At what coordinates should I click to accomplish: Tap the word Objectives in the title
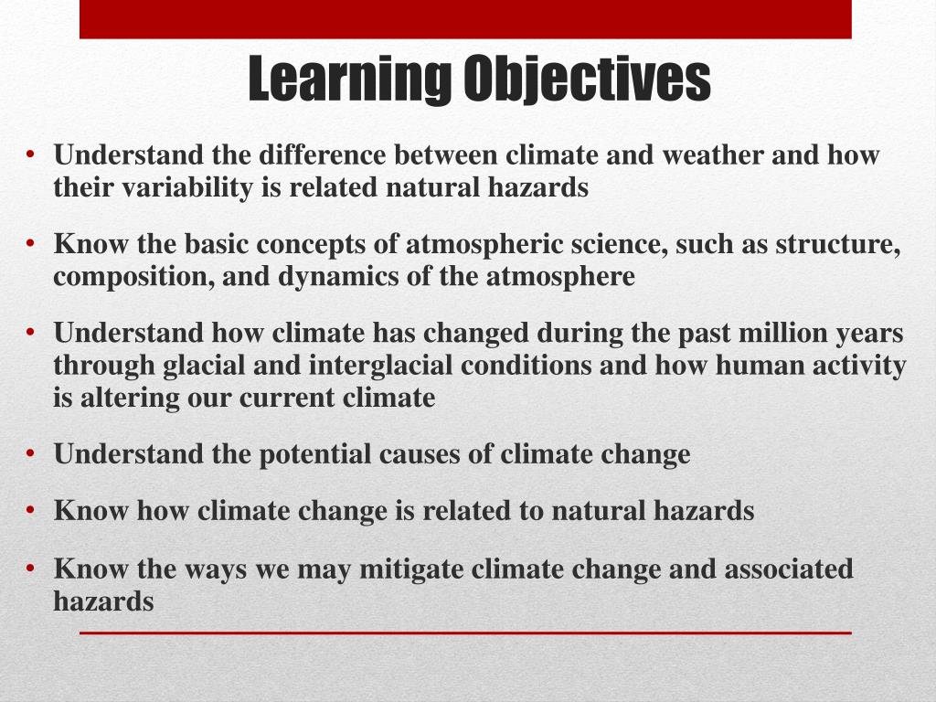[588, 79]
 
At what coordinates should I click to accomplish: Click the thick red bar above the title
[465, 19]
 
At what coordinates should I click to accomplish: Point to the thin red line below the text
[465, 633]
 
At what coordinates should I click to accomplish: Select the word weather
[713, 154]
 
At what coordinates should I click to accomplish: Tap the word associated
[789, 569]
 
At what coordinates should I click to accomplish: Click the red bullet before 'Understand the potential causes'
[31, 453]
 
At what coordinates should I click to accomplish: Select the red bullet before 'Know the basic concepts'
[31, 243]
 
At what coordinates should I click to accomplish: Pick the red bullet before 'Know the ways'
[31, 569]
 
